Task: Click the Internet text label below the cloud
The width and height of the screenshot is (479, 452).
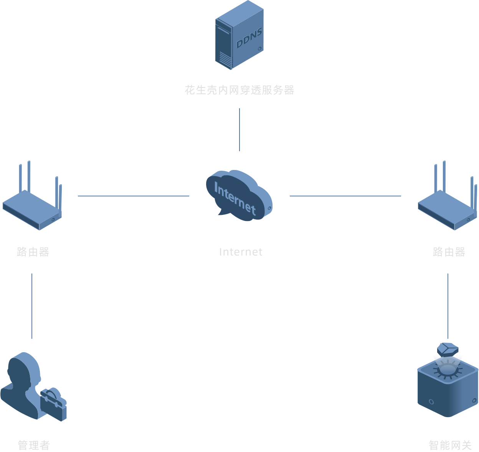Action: [x=241, y=252]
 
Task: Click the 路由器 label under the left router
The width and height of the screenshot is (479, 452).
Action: [x=33, y=252]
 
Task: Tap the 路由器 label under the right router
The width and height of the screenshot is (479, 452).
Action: [x=449, y=252]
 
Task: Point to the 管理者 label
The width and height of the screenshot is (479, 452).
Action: [x=34, y=445]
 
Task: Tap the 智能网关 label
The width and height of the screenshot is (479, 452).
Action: [x=450, y=445]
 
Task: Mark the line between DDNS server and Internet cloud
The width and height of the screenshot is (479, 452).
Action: [x=240, y=130]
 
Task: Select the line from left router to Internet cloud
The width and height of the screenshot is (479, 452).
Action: [x=134, y=196]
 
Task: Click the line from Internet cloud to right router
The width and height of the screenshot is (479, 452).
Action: [x=345, y=196]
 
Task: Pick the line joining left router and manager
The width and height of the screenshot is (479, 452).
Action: [x=32, y=306]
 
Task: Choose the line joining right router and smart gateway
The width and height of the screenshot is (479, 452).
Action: [x=448, y=306]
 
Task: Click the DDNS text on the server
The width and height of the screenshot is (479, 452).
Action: [x=249, y=38]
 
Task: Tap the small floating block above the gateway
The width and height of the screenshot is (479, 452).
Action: [x=448, y=350]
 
